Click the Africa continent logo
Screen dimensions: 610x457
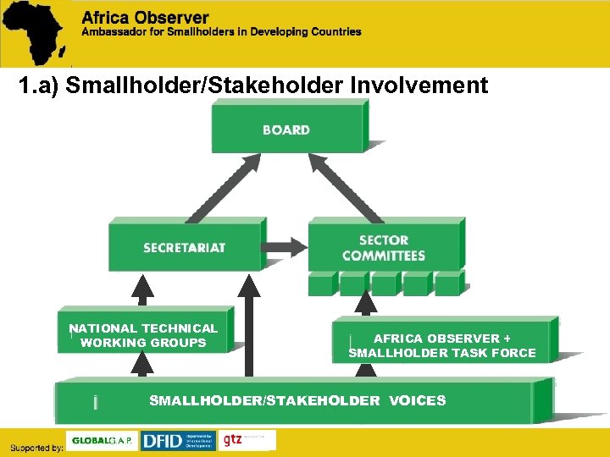click(36, 32)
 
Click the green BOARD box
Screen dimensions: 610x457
click(286, 129)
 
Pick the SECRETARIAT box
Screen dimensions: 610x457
click(184, 247)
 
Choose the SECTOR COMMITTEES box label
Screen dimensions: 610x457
click(384, 248)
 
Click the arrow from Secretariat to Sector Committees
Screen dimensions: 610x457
click(286, 247)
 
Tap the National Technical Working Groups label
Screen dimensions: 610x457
click(143, 335)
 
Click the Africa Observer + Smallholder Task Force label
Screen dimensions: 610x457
click(442, 345)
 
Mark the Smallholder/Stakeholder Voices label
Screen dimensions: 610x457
click(297, 400)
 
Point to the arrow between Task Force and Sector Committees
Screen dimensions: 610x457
click(365, 306)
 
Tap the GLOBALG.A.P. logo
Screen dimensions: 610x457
click(102, 441)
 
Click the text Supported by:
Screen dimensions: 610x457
click(36, 447)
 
